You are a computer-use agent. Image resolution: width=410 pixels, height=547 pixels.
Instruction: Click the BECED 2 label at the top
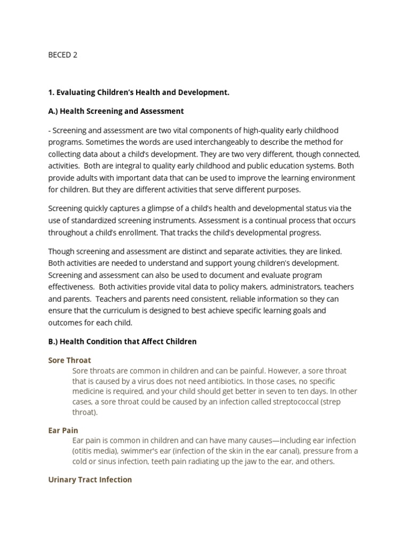pyautogui.click(x=63, y=54)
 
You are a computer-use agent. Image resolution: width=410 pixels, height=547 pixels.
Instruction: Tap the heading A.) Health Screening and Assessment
pyautogui.click(x=116, y=111)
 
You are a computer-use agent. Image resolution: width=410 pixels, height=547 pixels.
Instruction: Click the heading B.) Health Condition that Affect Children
pyautogui.click(x=122, y=341)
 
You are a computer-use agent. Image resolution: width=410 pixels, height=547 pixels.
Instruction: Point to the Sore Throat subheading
pyautogui.click(x=69, y=360)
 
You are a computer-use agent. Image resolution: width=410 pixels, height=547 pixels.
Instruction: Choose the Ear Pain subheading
pyautogui.click(x=63, y=430)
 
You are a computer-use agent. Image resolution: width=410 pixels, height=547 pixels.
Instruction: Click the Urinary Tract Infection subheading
pyautogui.click(x=90, y=480)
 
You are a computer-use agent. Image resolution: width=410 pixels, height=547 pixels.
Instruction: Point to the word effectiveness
pyautogui.click(x=72, y=287)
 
